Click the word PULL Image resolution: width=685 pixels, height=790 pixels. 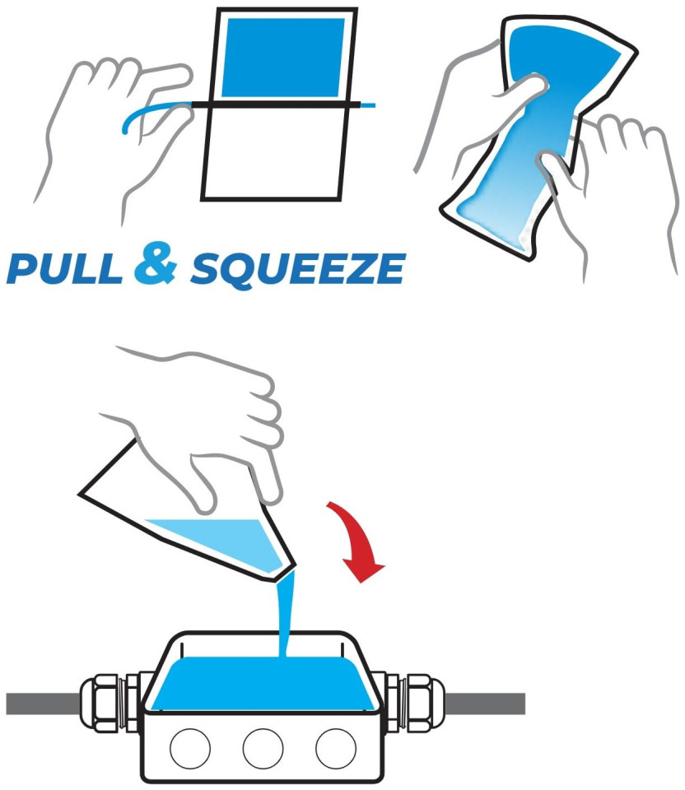coord(64,268)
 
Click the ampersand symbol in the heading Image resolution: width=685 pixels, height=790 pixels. coord(156,262)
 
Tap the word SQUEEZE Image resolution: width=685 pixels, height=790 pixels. coord(298,270)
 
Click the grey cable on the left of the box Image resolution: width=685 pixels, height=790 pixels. coord(44,704)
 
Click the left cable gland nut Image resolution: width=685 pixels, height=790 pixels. coord(102,704)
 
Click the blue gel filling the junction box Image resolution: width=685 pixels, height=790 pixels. coord(263,684)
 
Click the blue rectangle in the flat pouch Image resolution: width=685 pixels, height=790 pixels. coord(283,58)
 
